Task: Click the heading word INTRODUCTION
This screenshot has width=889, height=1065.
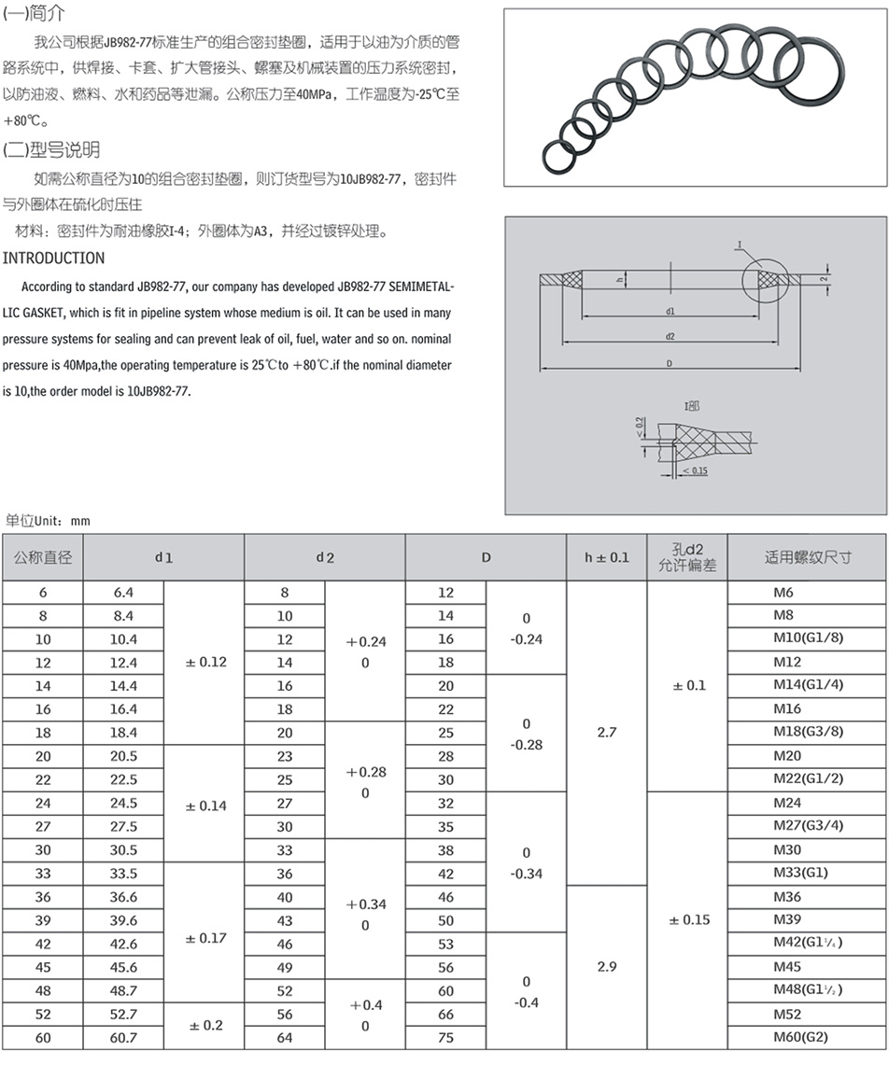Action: [54, 258]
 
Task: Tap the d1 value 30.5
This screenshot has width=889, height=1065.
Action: [124, 850]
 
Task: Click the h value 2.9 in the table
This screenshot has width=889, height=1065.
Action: [607, 967]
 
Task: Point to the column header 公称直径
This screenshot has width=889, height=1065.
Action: [43, 558]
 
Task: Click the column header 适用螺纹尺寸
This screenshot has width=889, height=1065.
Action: [808, 558]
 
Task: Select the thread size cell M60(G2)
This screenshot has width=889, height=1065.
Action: [800, 1037]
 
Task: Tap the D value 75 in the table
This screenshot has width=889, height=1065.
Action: [445, 1037]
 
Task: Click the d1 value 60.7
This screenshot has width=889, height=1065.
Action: [124, 1037]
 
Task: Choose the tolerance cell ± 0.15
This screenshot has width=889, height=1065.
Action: [687, 920]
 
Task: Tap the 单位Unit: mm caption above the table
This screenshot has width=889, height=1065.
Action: [48, 521]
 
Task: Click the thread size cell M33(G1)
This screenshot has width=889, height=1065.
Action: [800, 874]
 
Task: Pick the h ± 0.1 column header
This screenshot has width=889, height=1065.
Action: [607, 558]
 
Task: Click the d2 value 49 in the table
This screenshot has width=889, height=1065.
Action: [285, 967]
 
